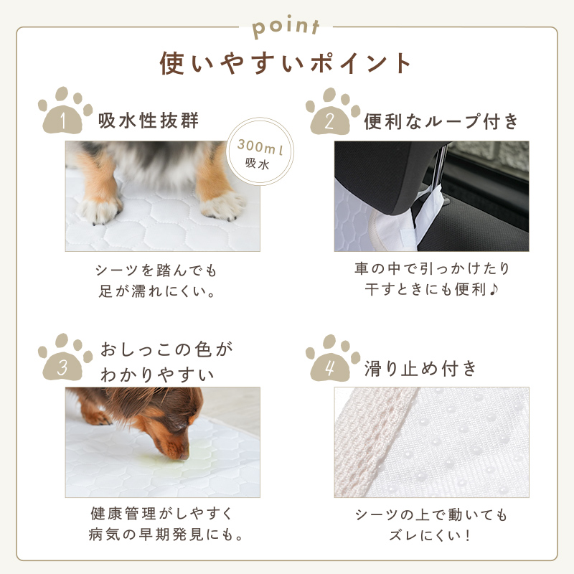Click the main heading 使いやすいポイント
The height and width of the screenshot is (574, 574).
pos(286,63)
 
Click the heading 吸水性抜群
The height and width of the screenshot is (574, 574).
pos(149,121)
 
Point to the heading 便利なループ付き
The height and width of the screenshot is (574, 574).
pos(441,121)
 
